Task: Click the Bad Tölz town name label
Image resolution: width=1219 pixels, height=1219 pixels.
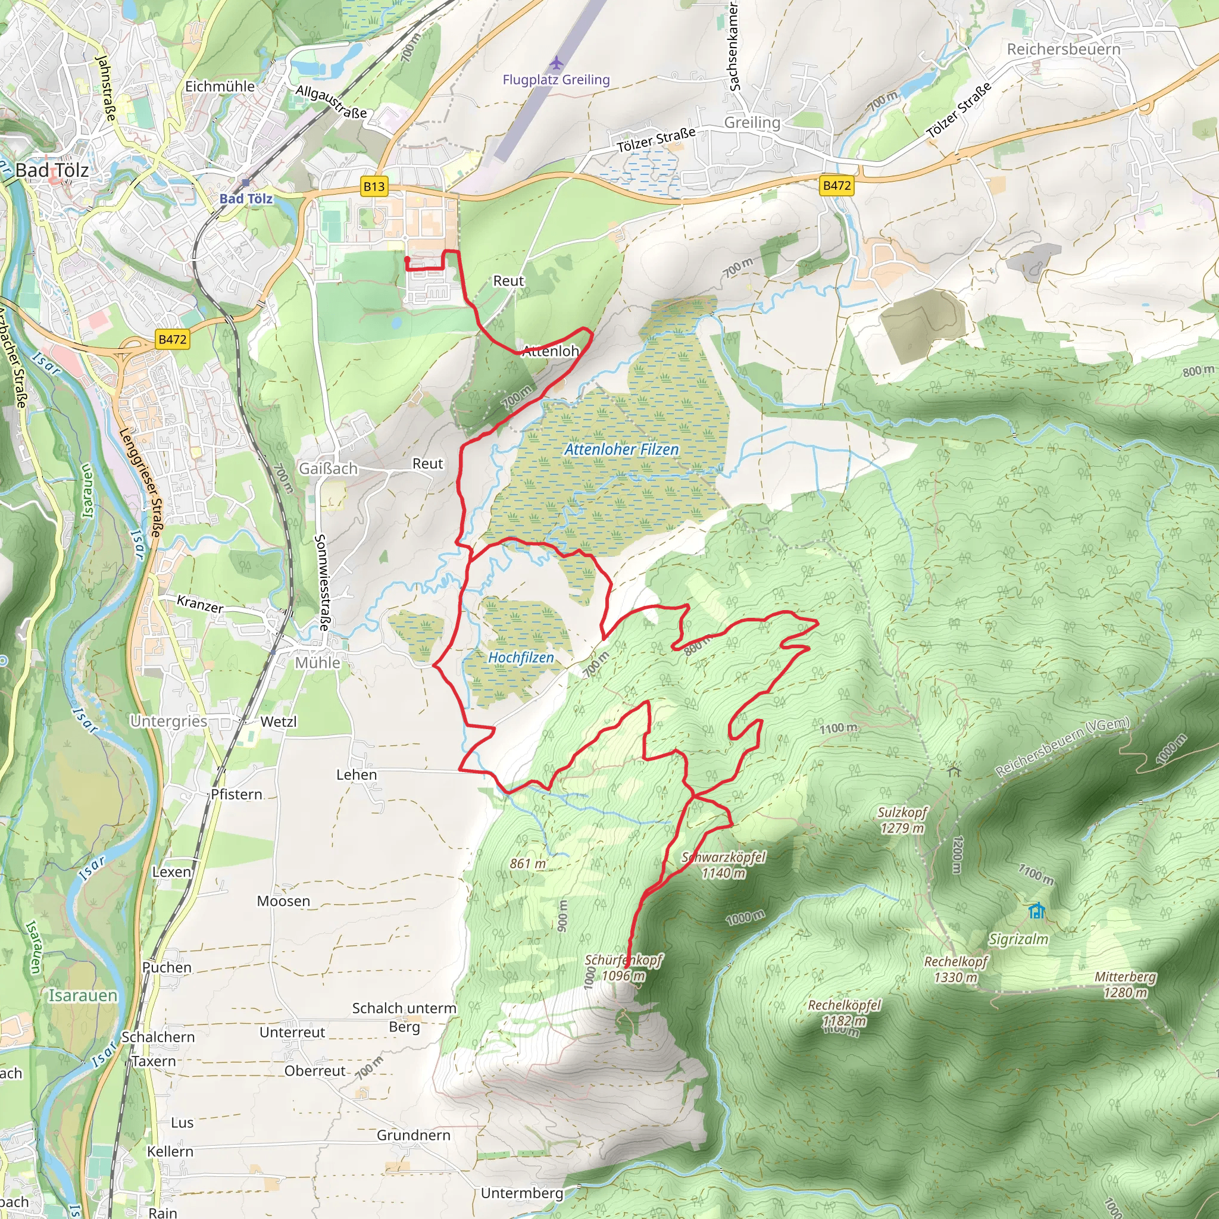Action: pos(52,170)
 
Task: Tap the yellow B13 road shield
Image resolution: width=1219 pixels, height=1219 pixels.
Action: pos(374,186)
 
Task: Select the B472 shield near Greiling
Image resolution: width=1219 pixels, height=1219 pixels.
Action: pos(837,186)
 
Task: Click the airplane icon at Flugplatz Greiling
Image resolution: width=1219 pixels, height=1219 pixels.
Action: pos(555,63)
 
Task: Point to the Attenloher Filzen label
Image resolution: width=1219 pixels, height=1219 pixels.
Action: pos(621,449)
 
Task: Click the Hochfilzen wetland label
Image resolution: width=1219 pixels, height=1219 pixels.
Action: pos(521,658)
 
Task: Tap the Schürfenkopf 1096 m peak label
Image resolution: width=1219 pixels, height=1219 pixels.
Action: pos(623,967)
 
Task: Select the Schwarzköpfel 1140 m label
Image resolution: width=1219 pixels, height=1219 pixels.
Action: pos(723,865)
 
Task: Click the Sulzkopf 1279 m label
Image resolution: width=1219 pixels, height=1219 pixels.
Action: pos(902,820)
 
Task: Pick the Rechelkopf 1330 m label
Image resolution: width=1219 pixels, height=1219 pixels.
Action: pos(955,969)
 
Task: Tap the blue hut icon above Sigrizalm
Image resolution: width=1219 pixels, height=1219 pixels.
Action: pos(1036,911)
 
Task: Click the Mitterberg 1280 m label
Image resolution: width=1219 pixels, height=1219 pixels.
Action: pos(1125,984)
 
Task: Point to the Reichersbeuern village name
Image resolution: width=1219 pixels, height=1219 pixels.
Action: pos(1063,49)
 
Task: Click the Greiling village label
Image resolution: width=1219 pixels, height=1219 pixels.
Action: pos(752,123)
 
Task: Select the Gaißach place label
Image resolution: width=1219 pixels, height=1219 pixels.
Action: pos(328,468)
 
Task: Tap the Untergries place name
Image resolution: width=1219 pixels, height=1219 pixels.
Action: pos(168,721)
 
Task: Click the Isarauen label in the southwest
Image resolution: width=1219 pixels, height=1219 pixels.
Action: pos(83,995)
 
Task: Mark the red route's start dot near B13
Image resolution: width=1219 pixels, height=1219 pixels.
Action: pos(407,260)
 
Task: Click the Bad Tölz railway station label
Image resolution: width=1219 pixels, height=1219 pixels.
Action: pos(246,198)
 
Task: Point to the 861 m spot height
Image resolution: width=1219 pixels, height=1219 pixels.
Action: pos(527,863)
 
